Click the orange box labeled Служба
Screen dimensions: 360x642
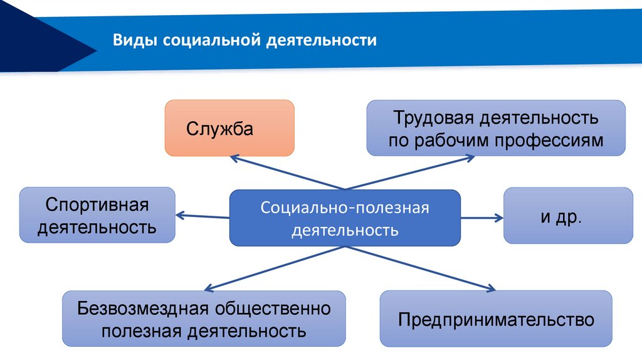pyautogui.click(x=229, y=128)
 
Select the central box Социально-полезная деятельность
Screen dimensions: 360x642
pyautogui.click(x=345, y=218)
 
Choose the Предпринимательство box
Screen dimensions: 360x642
pyautogui.click(x=496, y=319)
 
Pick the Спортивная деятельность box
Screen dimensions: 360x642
pyautogui.click(x=97, y=215)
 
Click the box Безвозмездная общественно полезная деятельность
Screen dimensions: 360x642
pyautogui.click(x=204, y=319)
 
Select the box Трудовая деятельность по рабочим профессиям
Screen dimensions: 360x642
pyautogui.click(x=496, y=128)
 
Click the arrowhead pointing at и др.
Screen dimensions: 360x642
pyautogui.click(x=498, y=218)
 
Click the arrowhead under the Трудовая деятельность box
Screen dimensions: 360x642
pyautogui.click(x=471, y=158)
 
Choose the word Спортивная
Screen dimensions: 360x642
pyautogui.click(x=97, y=205)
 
